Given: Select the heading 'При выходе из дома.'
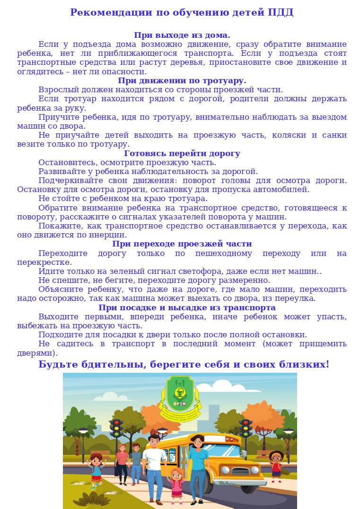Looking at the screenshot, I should point(182,35).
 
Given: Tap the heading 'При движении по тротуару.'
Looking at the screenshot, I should point(182,81).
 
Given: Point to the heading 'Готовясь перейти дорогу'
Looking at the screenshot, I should point(182,154).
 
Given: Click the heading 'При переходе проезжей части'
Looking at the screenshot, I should point(182,244).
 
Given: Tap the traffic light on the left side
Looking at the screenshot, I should point(116,429).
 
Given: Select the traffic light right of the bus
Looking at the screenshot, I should point(245,428).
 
